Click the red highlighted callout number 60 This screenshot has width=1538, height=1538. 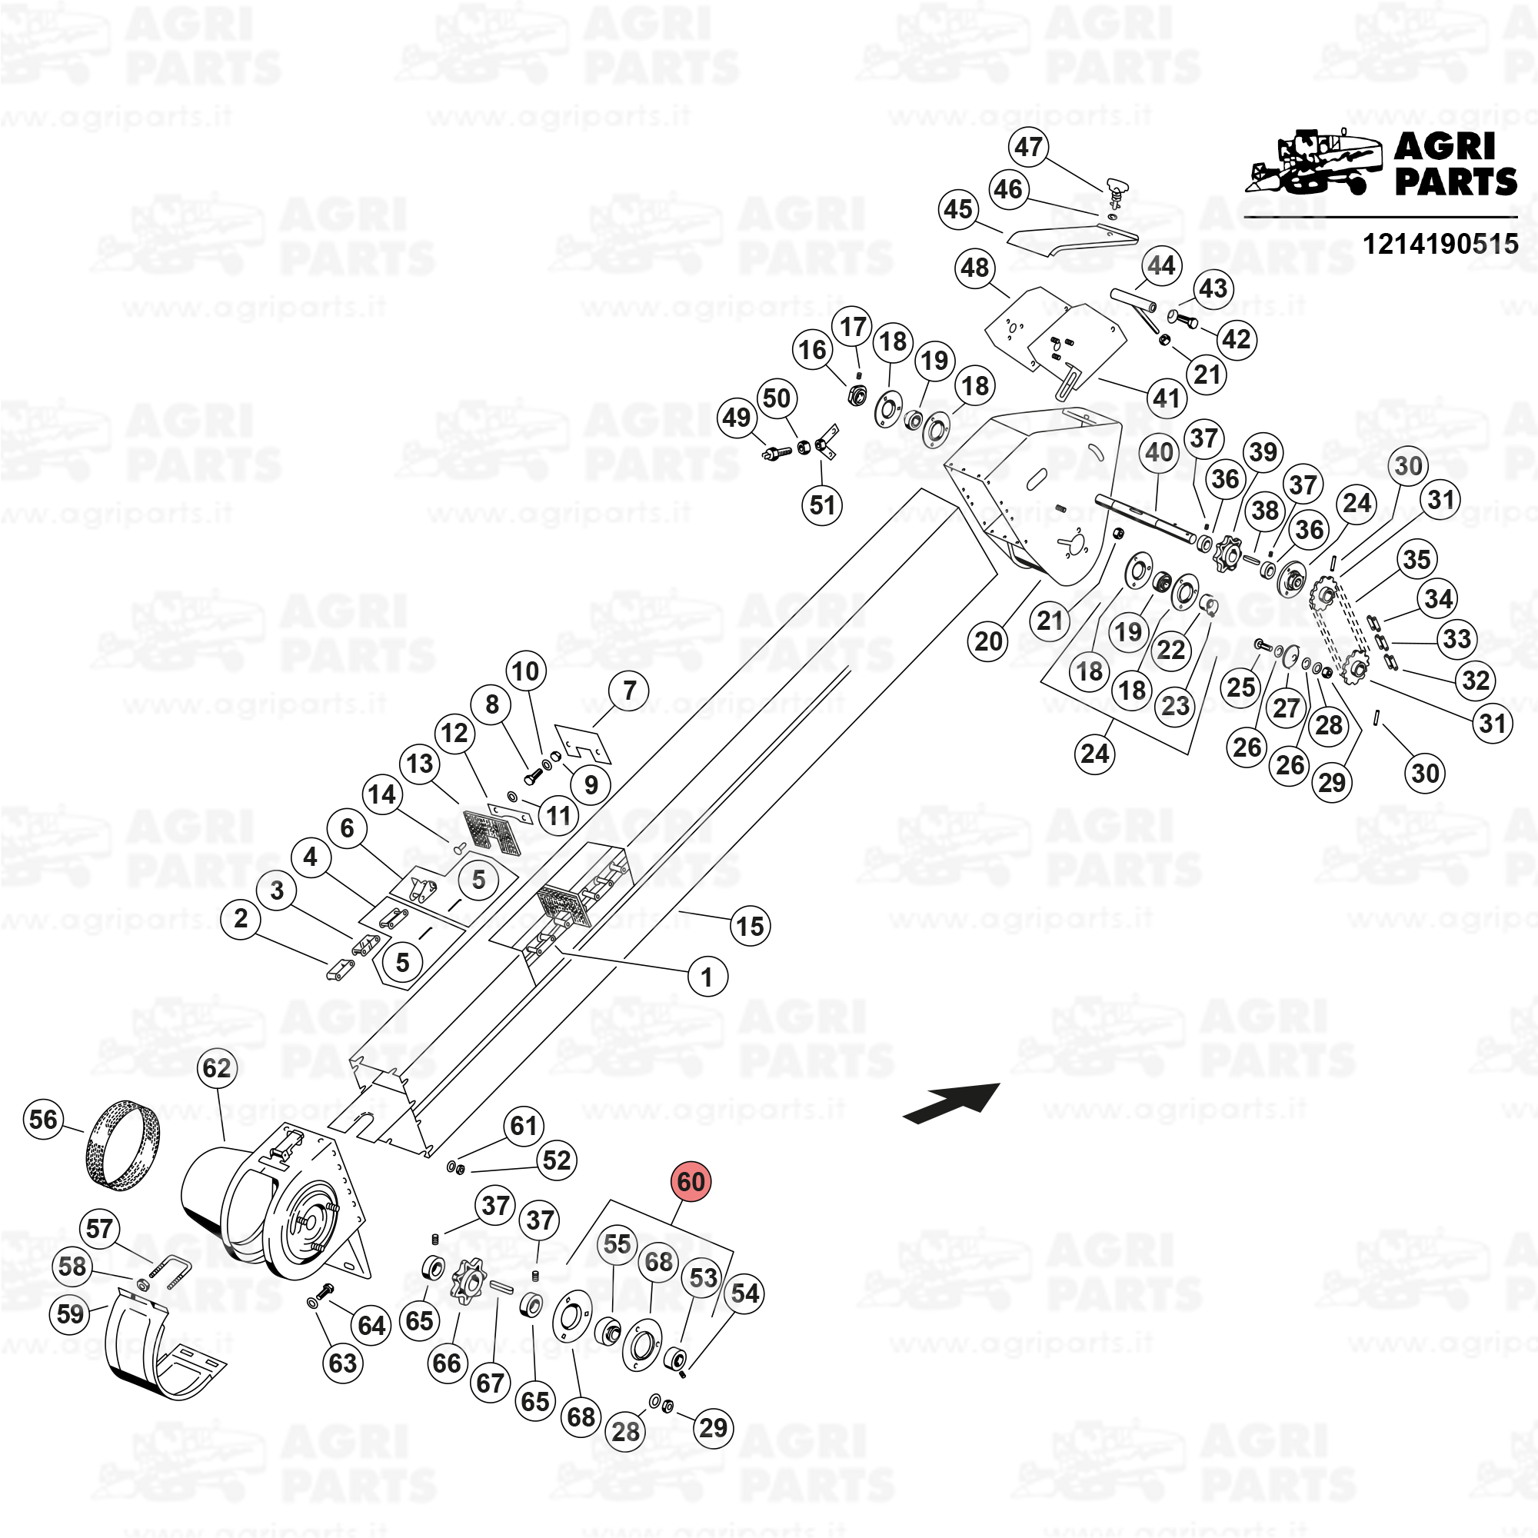tap(691, 1181)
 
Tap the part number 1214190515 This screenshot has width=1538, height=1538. tap(1440, 244)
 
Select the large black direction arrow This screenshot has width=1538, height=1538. tap(951, 1104)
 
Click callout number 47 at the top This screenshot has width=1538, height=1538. tap(1028, 148)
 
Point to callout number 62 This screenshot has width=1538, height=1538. tap(217, 1067)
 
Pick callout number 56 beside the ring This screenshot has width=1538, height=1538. tap(44, 1119)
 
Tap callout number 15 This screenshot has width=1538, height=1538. tap(750, 926)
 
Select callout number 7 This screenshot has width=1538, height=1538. tap(630, 691)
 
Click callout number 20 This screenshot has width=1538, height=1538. tap(989, 641)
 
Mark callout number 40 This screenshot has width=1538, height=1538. tap(1159, 452)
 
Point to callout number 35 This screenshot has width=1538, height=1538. tap(1416, 560)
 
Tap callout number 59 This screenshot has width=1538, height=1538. tap(70, 1313)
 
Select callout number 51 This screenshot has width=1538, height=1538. tap(822, 504)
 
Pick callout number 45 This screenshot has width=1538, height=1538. tap(958, 209)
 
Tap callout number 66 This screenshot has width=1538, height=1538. tap(448, 1363)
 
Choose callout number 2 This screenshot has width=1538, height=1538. tap(241, 919)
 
